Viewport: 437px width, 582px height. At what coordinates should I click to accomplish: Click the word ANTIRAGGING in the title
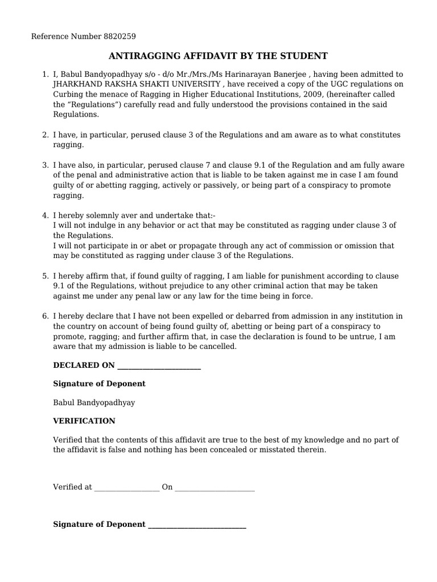[142, 56]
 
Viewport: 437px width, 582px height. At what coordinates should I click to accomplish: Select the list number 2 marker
[45, 135]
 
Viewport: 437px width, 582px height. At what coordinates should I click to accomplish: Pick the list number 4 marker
[45, 215]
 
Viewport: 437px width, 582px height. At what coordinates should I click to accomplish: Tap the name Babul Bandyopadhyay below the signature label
[94, 402]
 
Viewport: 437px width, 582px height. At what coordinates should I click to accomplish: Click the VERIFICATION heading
[84, 421]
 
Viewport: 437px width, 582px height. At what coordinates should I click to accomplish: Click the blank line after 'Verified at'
[127, 488]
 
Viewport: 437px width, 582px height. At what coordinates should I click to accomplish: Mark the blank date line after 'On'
[215, 488]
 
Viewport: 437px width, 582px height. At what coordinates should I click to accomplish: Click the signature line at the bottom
[197, 525]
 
